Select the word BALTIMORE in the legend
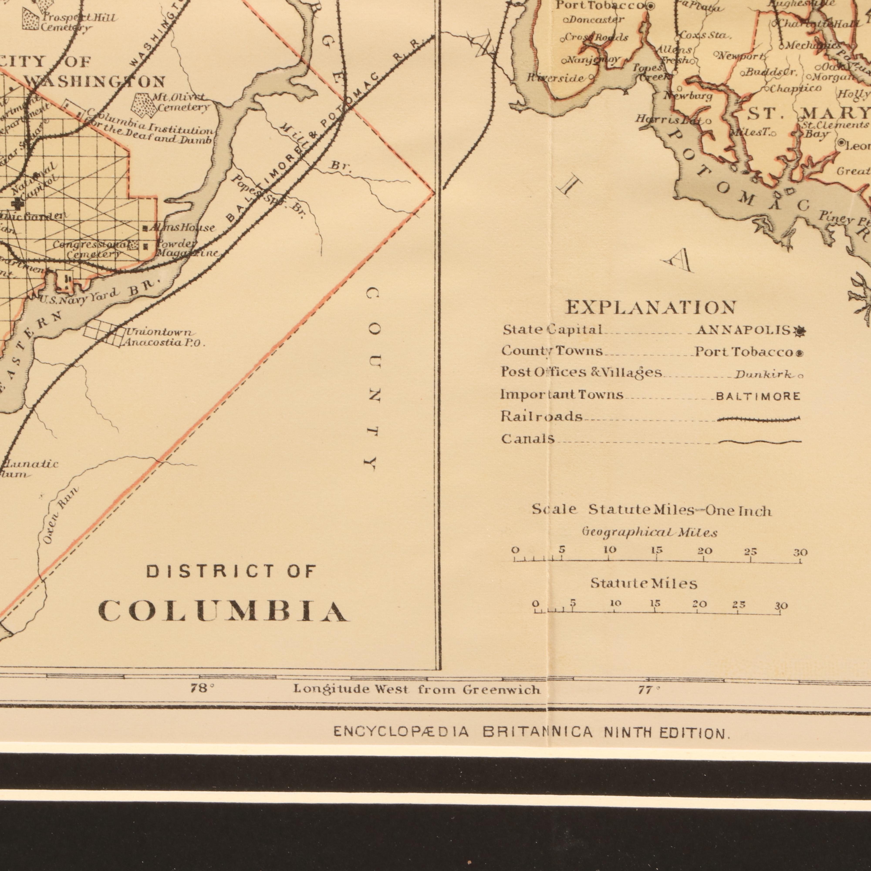(x=758, y=397)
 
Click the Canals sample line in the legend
(x=760, y=442)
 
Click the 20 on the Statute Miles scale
(x=699, y=604)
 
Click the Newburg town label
(x=687, y=96)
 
